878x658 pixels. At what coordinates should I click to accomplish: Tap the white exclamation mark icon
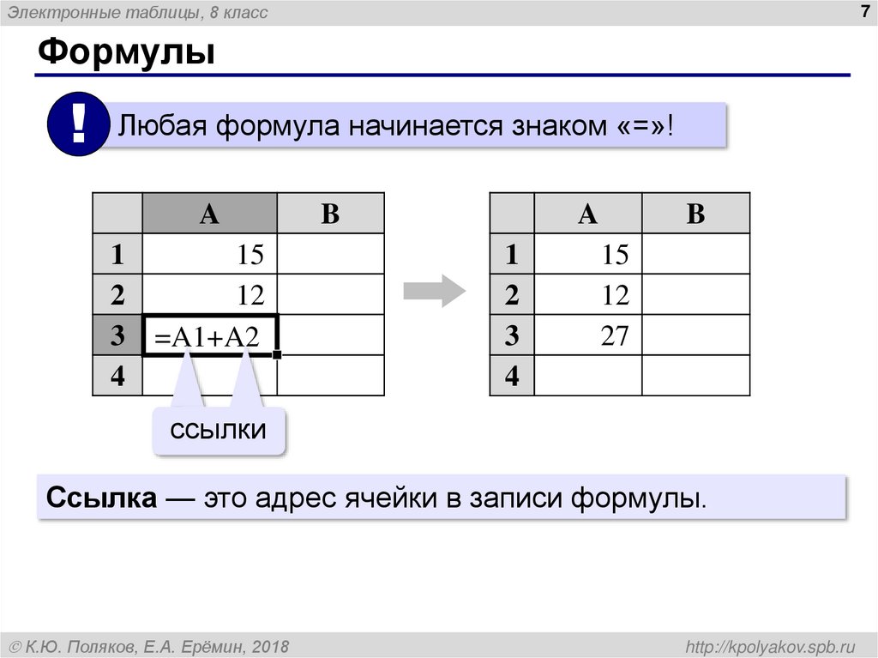point(78,124)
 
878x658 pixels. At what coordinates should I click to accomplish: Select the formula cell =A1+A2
point(210,337)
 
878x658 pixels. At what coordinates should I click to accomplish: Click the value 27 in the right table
point(614,335)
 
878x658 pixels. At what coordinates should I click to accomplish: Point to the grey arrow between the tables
point(435,292)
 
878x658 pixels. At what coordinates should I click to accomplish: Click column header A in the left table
point(209,214)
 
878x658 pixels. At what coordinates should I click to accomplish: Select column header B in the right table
point(695,214)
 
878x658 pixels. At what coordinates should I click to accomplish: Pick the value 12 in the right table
point(614,295)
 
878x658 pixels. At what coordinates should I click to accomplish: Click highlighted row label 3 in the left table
point(117,336)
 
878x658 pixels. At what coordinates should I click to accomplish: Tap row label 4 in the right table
point(512,377)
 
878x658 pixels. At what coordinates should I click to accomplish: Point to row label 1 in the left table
point(117,254)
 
